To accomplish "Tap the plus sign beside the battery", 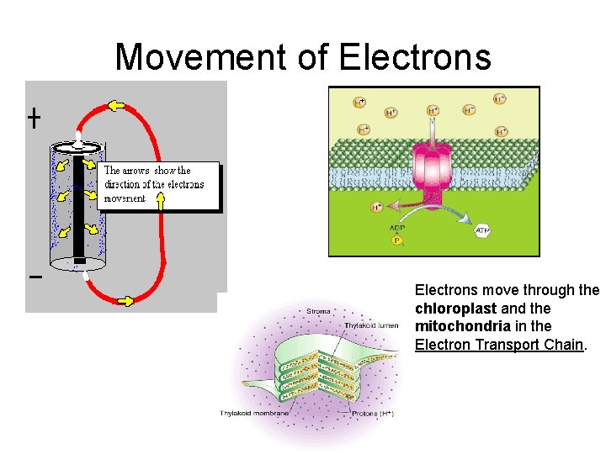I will pos(33,119).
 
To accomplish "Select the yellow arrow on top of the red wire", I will pos(115,106).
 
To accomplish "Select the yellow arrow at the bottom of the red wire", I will pos(125,299).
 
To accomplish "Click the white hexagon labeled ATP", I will pos(483,230).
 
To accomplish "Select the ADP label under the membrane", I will pos(397,227).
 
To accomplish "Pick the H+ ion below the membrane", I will pos(377,207).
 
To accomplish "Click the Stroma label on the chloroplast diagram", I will pos(318,311).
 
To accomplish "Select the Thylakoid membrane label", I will pos(253,413).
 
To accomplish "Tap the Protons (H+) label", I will pos(374,413).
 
